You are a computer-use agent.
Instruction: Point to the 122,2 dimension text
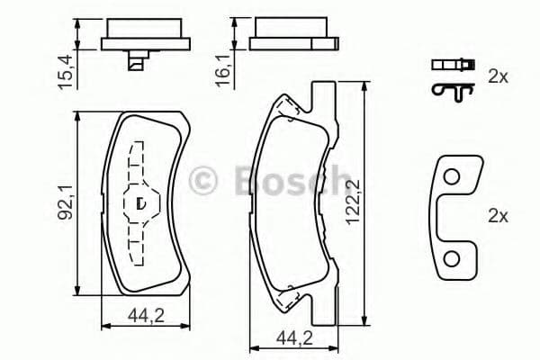click(378, 203)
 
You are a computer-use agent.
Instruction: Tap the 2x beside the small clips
click(498, 77)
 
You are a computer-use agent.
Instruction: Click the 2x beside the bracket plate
click(498, 215)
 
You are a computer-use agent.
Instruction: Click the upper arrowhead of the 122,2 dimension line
click(364, 83)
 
